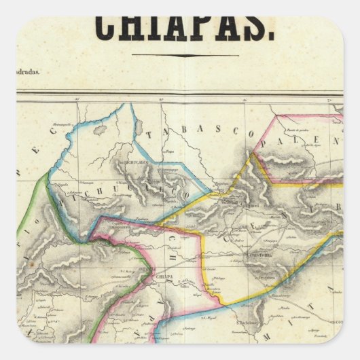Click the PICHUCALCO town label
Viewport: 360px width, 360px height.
pyautogui.click(x=122, y=164)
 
